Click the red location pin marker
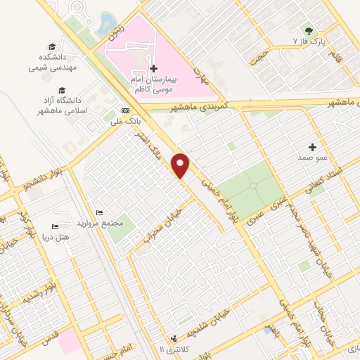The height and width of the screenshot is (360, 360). (x=181, y=165)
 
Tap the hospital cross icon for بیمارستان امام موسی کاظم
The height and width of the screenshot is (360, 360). (x=155, y=68)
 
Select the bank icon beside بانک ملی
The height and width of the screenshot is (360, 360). (x=125, y=110)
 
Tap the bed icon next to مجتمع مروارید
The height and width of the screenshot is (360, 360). (x=99, y=212)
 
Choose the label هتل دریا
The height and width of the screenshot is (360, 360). (x=56, y=238)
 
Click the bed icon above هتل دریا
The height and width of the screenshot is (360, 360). (x=56, y=227)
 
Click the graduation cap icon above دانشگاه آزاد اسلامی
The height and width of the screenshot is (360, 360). (x=62, y=91)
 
